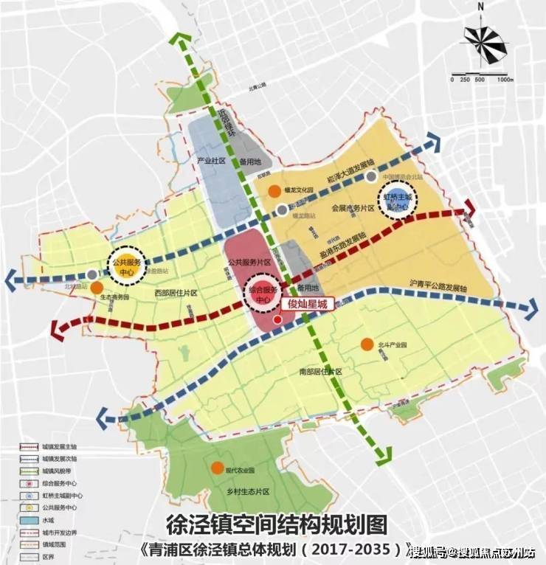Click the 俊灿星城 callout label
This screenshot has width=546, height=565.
(x=306, y=303)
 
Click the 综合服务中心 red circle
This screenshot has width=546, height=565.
(x=260, y=295)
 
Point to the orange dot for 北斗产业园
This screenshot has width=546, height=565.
(x=366, y=344)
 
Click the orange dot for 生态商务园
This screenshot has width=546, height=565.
(x=97, y=285)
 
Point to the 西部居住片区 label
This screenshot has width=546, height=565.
(x=175, y=293)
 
